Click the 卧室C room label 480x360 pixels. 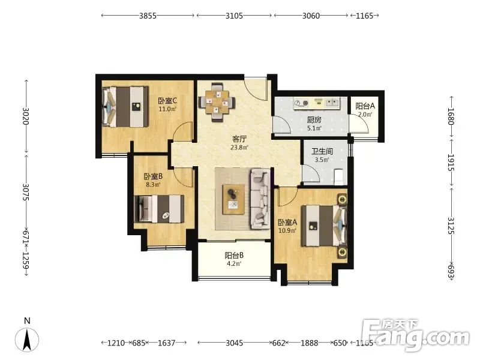167,101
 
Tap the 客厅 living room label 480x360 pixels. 239,139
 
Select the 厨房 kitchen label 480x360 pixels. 314,119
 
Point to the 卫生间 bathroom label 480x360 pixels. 322,151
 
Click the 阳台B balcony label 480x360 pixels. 234,256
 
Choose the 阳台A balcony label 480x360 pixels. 365,106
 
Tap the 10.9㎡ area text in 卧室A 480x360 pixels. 287,230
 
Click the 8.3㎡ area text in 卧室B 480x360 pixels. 153,185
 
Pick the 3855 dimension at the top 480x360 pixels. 148,16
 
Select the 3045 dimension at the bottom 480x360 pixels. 234,343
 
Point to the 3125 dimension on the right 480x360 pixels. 451,226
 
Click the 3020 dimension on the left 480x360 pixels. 25,116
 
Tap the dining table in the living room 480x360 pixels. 217,102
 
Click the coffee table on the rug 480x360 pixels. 233,199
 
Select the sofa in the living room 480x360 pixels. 260,199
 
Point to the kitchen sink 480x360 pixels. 332,102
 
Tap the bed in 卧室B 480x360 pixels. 159,209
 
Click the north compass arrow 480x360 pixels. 27,339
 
